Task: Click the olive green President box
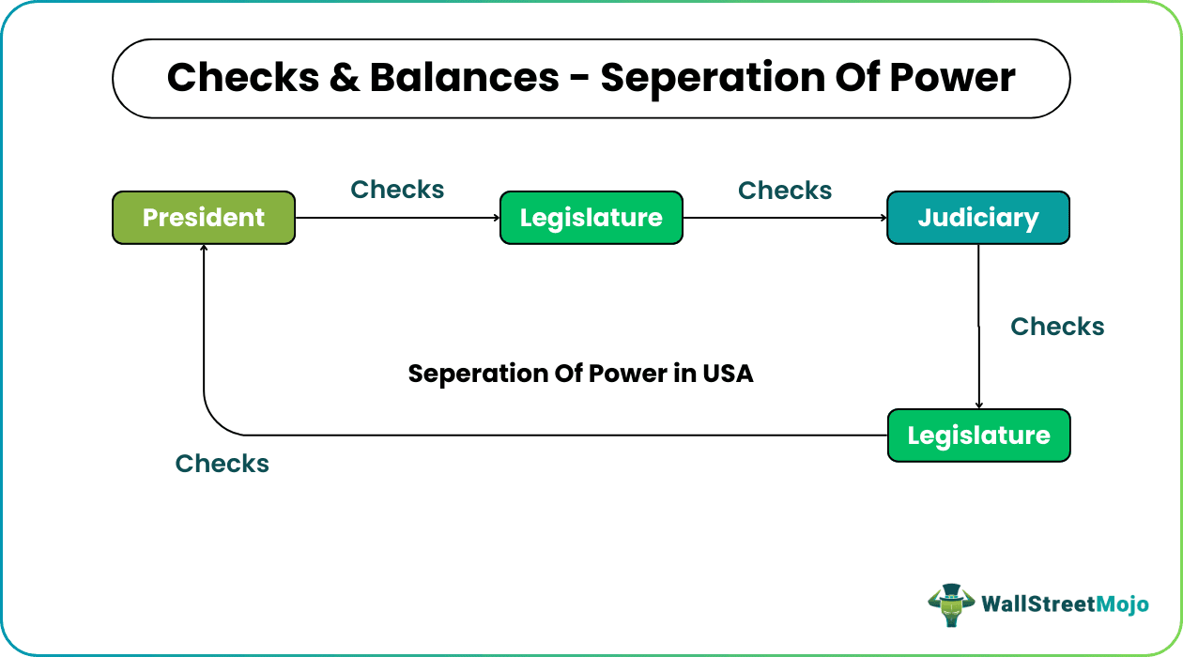coord(204,218)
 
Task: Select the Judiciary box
coord(978,218)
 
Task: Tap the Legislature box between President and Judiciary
coord(591,218)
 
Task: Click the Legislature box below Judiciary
coord(978,435)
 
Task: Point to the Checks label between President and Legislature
coord(397,190)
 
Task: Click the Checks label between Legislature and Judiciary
coord(785,191)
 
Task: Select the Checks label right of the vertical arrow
coord(1057,327)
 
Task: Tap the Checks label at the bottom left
coord(223,464)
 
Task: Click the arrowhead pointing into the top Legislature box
coord(495,218)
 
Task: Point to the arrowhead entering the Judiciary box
coord(883,218)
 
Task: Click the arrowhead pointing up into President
coord(204,250)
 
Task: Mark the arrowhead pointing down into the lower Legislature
coord(978,405)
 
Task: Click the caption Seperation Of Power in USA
coord(580,374)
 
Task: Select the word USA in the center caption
coord(728,374)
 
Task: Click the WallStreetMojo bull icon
coord(950,604)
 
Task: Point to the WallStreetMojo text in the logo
coord(1065,604)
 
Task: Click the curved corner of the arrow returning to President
coord(216,422)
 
